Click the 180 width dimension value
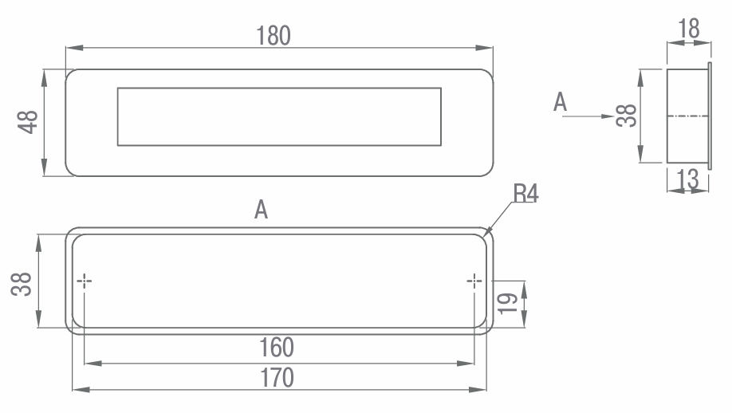pos(274,35)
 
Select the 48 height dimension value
pos(28,122)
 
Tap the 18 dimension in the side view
pos(689,29)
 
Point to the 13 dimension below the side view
pos(687,179)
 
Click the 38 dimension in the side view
pos(626,116)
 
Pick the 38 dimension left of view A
pos(22,284)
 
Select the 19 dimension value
pos(507,304)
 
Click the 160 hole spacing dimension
pos(277,348)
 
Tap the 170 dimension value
pos(277,378)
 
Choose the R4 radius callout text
pos(525,193)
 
